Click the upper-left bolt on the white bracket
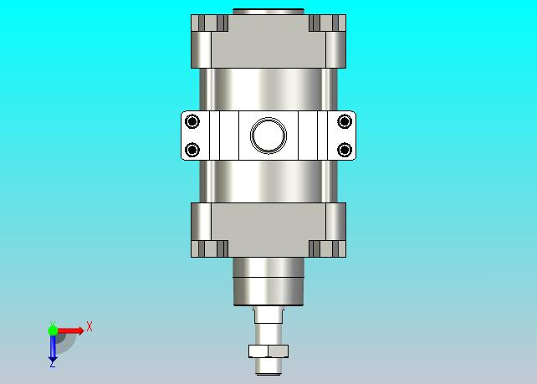point(192,121)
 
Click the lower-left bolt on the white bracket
point(192,150)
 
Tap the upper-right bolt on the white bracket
point(345,121)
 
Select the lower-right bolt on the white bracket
point(345,150)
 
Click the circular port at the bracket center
point(268,136)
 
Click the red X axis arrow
point(70,330)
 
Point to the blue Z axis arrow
point(53,349)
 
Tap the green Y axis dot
point(53,330)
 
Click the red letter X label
point(89,326)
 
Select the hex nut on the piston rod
point(268,351)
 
